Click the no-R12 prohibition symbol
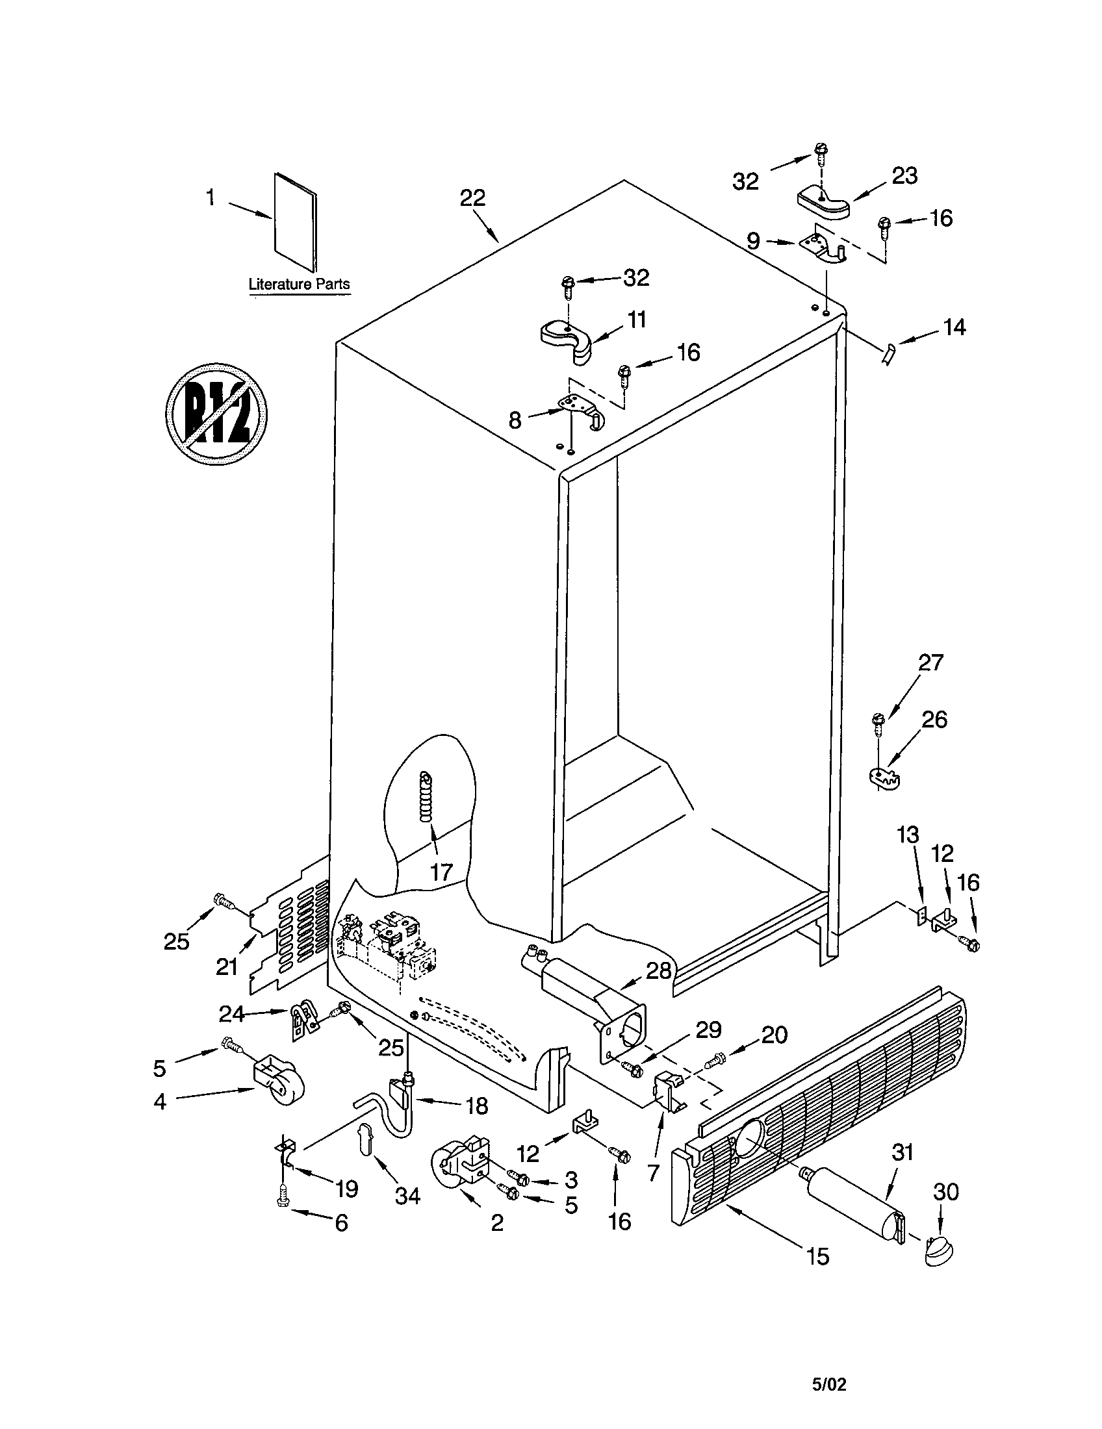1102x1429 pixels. click(x=216, y=414)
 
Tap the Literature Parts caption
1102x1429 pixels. click(x=299, y=285)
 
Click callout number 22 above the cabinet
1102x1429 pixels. click(x=472, y=197)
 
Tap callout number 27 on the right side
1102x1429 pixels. click(x=930, y=662)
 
